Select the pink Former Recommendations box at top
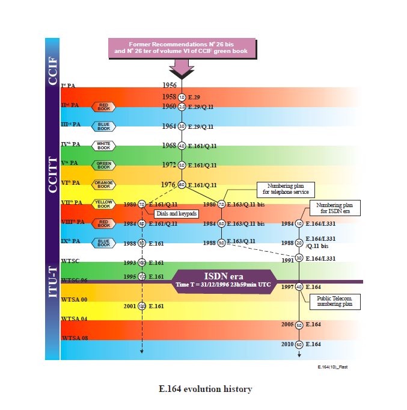click(181, 49)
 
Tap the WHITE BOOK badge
click(103, 145)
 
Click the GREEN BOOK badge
click(103, 164)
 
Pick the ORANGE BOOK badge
click(103, 184)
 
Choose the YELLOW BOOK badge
click(103, 203)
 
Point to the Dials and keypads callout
click(176, 213)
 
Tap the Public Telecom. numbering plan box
click(335, 302)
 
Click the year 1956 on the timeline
click(170, 85)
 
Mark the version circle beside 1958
click(182, 96)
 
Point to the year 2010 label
click(287, 344)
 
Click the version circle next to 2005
click(299, 325)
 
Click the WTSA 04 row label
click(75, 318)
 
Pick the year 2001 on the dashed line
click(130, 306)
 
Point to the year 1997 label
click(287, 287)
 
